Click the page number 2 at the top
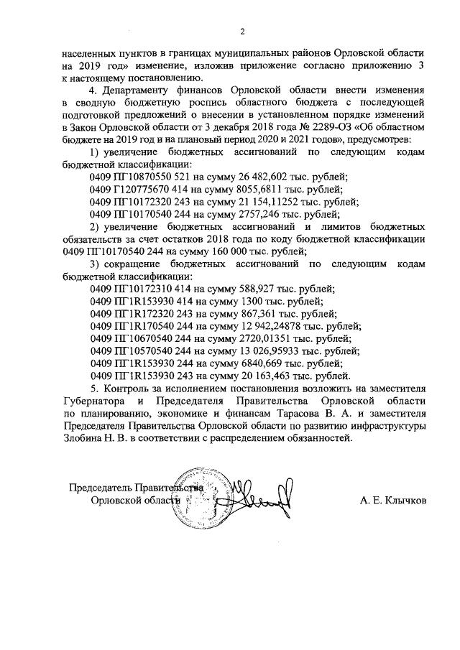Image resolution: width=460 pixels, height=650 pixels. [x=242, y=32]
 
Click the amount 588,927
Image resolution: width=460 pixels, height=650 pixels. [x=243, y=289]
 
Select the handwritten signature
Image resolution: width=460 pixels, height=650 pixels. [x=259, y=500]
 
